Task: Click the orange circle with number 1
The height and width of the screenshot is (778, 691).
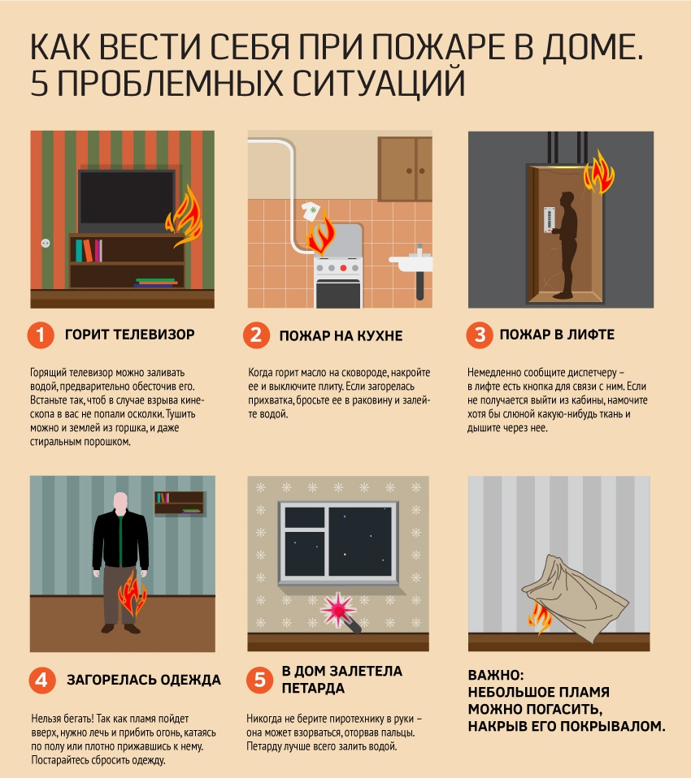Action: (x=41, y=335)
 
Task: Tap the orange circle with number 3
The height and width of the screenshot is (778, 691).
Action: (x=480, y=335)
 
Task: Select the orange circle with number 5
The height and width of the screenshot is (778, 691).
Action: (x=260, y=680)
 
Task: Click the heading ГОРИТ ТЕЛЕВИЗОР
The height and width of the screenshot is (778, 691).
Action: (x=129, y=335)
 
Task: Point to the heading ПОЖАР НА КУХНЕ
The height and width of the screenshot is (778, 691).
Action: (x=341, y=336)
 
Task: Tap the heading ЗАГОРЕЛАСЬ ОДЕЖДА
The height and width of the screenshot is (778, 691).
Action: (x=144, y=680)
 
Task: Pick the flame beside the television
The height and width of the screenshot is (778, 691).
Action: (x=185, y=216)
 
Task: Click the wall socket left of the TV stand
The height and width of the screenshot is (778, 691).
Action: (x=46, y=243)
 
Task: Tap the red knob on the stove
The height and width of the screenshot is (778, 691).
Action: (x=343, y=268)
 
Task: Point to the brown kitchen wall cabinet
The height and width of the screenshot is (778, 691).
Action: (x=405, y=169)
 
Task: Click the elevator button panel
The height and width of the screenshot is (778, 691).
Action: (x=549, y=219)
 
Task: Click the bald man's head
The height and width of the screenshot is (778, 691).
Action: (x=120, y=502)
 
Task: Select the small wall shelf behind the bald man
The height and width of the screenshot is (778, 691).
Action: (x=180, y=504)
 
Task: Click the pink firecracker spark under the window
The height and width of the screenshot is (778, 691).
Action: (x=338, y=609)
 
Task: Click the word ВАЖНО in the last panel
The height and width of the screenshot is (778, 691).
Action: (x=496, y=676)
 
